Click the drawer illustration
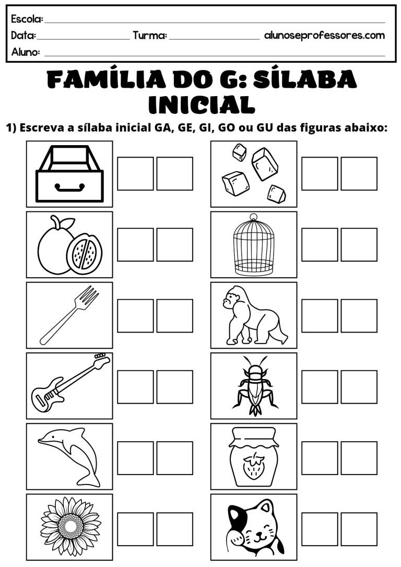pyautogui.click(x=69, y=173)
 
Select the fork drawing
pyautogui.click(x=69, y=315)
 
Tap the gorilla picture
pyautogui.click(x=253, y=315)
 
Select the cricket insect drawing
pyautogui.click(x=254, y=386)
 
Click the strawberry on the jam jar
pyautogui.click(x=254, y=466)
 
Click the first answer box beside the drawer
pyautogui.click(x=135, y=173)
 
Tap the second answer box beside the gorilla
pyautogui.click(x=359, y=315)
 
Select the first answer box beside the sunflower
pyautogui.click(x=135, y=529)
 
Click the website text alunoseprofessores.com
pyautogui.click(x=324, y=36)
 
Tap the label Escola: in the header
pyautogui.click(x=27, y=19)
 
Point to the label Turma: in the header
pyautogui.click(x=149, y=36)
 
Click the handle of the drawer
pyautogui.click(x=69, y=186)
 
